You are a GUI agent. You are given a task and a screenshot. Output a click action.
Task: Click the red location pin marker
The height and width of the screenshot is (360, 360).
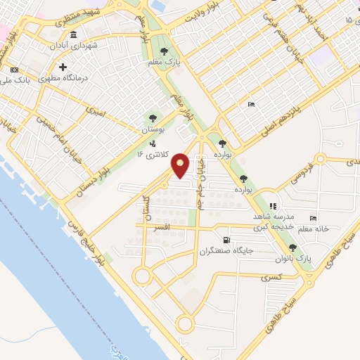click(x=181, y=165)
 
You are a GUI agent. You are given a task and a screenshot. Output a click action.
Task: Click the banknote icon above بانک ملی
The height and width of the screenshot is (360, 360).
click(x=14, y=70)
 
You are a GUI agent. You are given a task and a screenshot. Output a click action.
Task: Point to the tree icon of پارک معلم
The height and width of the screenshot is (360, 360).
click(x=164, y=51)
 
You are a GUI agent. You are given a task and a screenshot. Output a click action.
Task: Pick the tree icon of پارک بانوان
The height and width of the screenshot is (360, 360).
click(x=292, y=247)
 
